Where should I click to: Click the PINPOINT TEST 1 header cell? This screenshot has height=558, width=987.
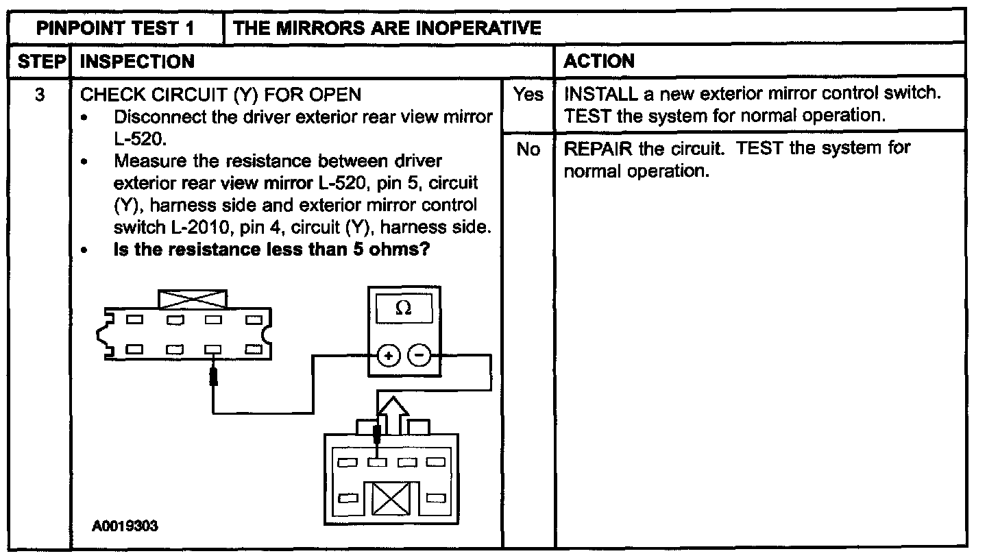click(x=115, y=28)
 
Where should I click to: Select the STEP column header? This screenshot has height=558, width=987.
click(x=40, y=62)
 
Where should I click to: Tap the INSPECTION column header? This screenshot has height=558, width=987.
click(x=137, y=62)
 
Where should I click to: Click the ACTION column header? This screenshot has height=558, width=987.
click(x=598, y=62)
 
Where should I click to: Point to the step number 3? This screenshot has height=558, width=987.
click(x=40, y=94)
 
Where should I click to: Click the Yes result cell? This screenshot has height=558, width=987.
click(x=528, y=95)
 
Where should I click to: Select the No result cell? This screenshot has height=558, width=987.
click(x=528, y=149)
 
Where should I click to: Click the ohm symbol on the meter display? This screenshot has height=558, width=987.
click(x=404, y=310)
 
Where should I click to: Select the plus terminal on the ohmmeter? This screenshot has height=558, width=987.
click(x=388, y=356)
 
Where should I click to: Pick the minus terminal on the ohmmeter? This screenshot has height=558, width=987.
click(x=419, y=356)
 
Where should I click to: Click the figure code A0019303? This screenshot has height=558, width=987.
click(x=126, y=526)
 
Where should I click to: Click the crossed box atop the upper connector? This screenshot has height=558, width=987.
click(x=193, y=300)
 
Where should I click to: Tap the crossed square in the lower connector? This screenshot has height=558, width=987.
click(x=391, y=500)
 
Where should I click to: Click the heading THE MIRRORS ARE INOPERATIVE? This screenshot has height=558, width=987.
click(x=387, y=28)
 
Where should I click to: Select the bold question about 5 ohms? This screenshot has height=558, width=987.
click(x=271, y=250)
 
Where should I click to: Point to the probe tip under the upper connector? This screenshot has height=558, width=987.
click(x=214, y=376)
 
